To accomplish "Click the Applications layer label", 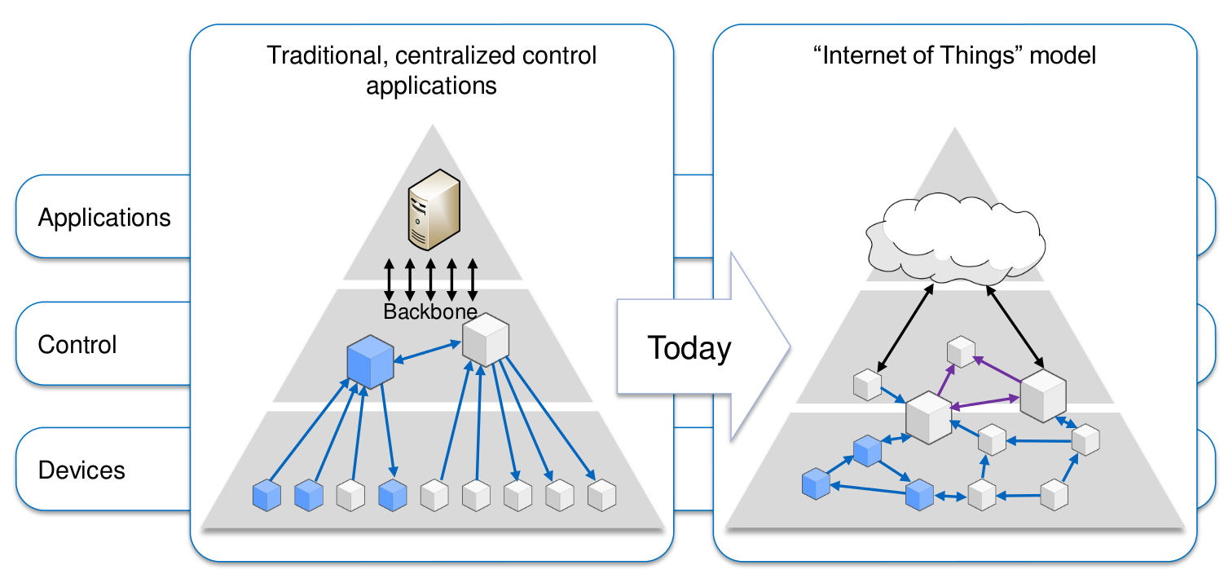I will [x=104, y=218].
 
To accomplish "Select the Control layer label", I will [x=77, y=344].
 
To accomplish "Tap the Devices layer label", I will [x=81, y=470].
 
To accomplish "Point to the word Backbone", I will [x=430, y=311].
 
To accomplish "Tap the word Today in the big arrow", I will [x=689, y=348].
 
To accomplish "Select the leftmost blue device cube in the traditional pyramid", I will [x=266, y=494].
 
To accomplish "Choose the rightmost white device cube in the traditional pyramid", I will [x=601, y=494].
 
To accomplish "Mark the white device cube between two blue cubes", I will [x=350, y=494].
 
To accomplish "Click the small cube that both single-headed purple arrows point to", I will [x=960, y=351].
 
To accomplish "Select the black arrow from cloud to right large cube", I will [x=1015, y=325].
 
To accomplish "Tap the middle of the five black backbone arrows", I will [x=430, y=280].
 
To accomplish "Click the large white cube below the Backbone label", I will [x=486, y=340].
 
